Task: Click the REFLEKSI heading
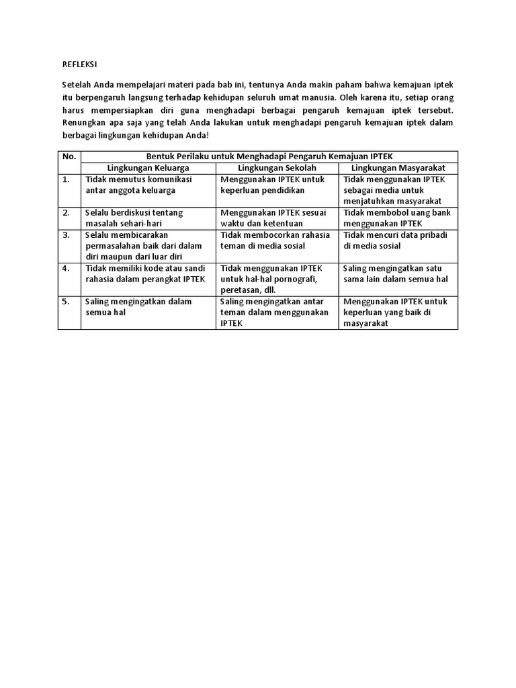pos(79,65)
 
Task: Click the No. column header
pos(69,156)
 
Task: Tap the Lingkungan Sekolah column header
pos(277,167)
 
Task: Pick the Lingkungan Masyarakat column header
pos(398,167)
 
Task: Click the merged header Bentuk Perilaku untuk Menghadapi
pos(269,156)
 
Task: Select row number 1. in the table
pos(66,179)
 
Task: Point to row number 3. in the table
pos(66,235)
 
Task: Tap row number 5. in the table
pos(66,302)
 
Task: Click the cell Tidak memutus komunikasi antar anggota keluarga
pos(138,185)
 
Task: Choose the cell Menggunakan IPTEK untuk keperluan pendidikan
pos(272,185)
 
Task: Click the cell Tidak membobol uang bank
pos(396,218)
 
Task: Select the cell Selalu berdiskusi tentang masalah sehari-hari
pos(134,218)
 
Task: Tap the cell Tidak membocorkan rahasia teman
pos(275,241)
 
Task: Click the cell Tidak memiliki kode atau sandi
pos(145,273)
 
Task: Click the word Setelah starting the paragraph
pos(76,85)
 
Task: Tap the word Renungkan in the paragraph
pos(83,122)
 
